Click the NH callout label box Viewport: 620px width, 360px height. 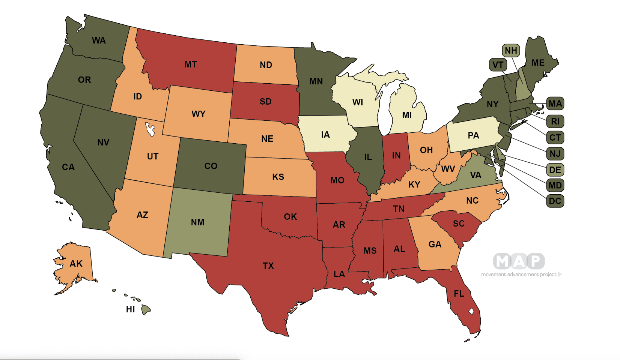pyautogui.click(x=511, y=51)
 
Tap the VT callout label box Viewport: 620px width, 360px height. pyautogui.click(x=498, y=65)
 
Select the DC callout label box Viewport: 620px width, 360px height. pyautogui.click(x=555, y=201)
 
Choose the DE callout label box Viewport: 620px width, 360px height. pyautogui.click(x=555, y=170)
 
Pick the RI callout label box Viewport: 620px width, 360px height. pyautogui.click(x=555, y=121)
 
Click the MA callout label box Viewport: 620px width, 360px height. pyautogui.click(x=555, y=104)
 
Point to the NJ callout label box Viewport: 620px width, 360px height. pyautogui.click(x=555, y=154)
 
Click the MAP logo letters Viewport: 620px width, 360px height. pyautogui.click(x=519, y=261)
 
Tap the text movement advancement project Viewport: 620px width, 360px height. pyautogui.click(x=519, y=274)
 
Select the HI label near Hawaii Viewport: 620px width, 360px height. pyautogui.click(x=130, y=310)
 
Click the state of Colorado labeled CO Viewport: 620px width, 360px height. pyautogui.click(x=211, y=166)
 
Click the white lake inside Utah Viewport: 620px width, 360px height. pyautogui.click(x=150, y=129)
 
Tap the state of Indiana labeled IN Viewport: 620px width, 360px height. pyautogui.click(x=396, y=156)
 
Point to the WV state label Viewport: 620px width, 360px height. pyautogui.click(x=448, y=169)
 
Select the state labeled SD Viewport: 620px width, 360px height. pyautogui.click(x=265, y=102)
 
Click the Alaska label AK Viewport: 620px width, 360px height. pyautogui.click(x=76, y=264)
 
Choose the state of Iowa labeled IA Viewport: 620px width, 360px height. pyautogui.click(x=325, y=135)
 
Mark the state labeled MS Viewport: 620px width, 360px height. pyautogui.click(x=370, y=251)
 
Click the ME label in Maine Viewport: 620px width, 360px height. pyautogui.click(x=538, y=63)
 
